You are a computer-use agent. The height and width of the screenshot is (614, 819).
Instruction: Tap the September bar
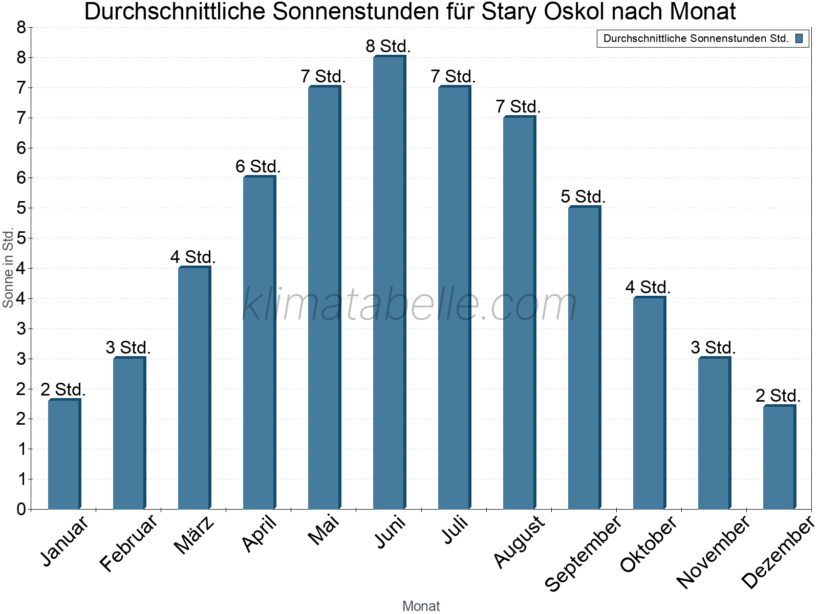(x=584, y=358)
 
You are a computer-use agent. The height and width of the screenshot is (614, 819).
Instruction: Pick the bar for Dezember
(x=779, y=457)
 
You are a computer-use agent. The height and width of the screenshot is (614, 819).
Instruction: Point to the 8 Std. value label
(x=388, y=47)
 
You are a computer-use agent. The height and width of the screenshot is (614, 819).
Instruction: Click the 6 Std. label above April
(x=258, y=167)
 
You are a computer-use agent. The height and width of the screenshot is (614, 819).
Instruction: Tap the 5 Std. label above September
(x=583, y=197)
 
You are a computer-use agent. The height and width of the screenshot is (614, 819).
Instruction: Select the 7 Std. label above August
(x=518, y=107)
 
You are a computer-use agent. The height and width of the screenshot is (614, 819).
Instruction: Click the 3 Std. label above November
(x=713, y=348)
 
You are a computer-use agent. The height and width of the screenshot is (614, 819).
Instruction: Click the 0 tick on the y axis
(x=21, y=509)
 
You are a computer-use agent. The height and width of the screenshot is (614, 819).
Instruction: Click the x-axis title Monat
(x=421, y=606)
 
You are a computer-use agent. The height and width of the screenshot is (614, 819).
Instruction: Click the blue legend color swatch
(x=799, y=38)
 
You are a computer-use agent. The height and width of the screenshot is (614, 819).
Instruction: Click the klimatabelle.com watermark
(x=409, y=305)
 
